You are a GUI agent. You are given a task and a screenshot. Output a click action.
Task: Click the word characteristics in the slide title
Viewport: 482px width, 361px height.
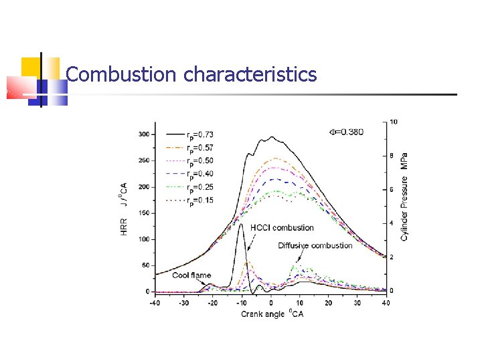point(250,74)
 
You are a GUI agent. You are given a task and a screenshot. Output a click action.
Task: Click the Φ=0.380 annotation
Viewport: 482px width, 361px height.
point(345,132)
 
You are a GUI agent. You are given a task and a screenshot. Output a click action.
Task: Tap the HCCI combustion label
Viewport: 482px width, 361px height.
point(282,228)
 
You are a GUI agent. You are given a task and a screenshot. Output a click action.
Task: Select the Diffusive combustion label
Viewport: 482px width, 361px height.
point(315,245)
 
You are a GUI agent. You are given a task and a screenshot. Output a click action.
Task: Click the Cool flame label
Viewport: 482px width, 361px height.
point(191,275)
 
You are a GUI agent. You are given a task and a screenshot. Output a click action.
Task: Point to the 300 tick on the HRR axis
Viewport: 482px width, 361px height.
point(144,134)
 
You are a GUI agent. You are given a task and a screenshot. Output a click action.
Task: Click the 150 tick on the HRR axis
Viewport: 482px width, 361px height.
point(144,213)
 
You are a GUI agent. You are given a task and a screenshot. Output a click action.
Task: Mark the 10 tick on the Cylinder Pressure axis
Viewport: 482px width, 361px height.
point(394,122)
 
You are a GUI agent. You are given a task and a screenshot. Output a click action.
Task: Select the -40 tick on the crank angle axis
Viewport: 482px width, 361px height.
point(155,303)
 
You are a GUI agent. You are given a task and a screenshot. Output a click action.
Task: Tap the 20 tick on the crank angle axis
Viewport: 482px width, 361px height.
point(328,303)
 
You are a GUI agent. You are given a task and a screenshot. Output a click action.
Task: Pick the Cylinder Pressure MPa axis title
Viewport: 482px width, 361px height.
point(405,197)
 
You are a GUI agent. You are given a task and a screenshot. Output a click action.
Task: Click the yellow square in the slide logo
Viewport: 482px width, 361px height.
point(31,68)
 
